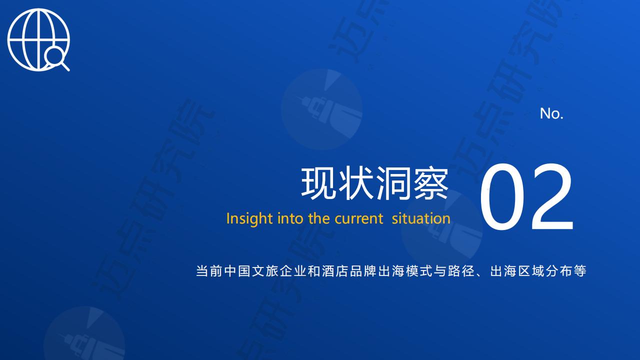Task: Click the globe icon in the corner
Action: tap(38, 39)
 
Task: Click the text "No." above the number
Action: tap(551, 113)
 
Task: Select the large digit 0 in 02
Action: tap(502, 196)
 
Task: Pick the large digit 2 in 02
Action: tap(552, 196)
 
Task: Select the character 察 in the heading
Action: tap(430, 183)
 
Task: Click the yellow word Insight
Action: tap(249, 219)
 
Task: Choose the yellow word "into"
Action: tap(290, 218)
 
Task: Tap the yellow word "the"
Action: tap(319, 218)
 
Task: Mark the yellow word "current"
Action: tap(358, 219)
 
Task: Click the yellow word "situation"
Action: tap(421, 218)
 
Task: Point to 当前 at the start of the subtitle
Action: tap(209, 271)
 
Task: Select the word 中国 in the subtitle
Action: tap(237, 271)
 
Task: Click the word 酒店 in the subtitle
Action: tap(335, 271)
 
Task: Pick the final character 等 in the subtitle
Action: tap(580, 271)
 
